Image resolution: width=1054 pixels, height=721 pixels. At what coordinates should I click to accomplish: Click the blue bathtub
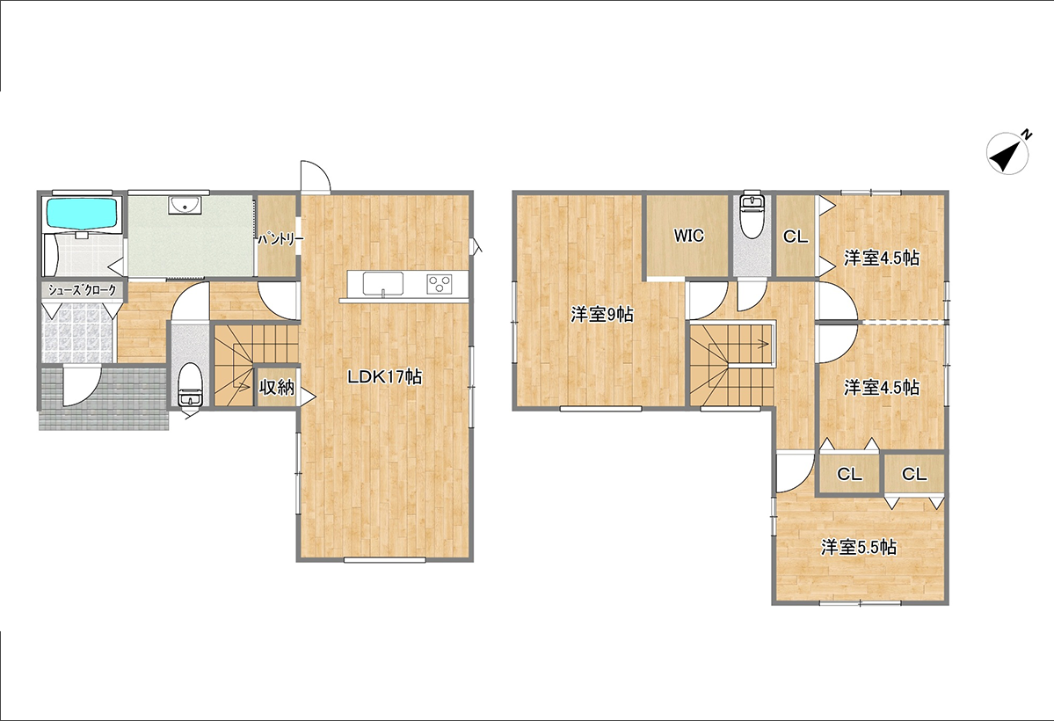[82, 213]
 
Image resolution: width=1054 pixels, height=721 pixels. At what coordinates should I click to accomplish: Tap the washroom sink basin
[183, 205]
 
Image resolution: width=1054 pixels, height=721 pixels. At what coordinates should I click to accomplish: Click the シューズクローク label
[82, 290]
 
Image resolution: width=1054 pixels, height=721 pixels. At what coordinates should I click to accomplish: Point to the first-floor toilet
[191, 385]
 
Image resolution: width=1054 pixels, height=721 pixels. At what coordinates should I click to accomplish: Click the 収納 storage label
[277, 387]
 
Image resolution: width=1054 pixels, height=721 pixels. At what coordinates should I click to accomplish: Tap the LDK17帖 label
[384, 376]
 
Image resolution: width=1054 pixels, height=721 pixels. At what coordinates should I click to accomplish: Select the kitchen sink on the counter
[383, 283]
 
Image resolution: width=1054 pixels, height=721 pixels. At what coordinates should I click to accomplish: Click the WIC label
[689, 236]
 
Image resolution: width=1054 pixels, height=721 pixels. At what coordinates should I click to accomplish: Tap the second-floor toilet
[751, 215]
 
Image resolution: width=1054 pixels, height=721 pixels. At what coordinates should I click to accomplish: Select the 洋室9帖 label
[602, 314]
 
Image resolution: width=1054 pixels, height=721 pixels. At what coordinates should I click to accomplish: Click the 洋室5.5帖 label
[858, 548]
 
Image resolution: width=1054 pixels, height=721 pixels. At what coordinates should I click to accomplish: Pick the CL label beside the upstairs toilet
[796, 237]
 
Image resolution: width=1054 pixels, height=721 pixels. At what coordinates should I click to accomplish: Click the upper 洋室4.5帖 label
[882, 258]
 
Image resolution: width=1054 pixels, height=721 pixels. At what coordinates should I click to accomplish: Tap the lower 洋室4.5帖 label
[882, 388]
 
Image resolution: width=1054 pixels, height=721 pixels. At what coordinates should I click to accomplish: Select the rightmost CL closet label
[914, 474]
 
